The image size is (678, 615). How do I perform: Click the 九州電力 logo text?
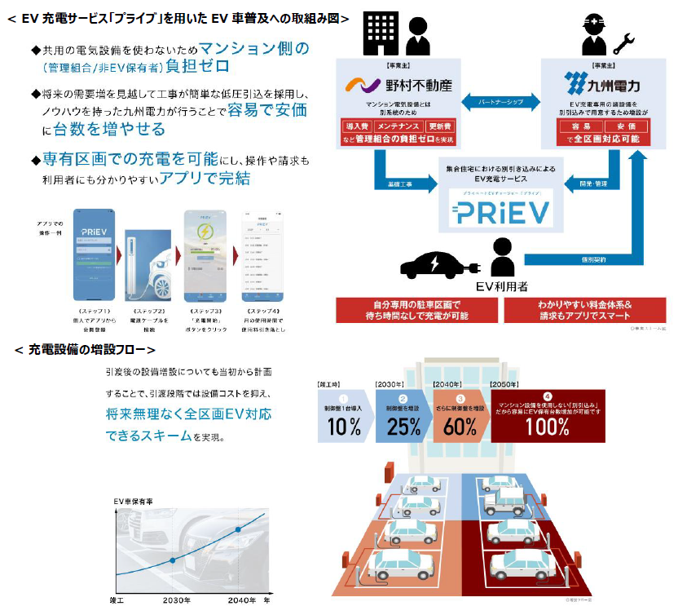pos(614,84)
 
